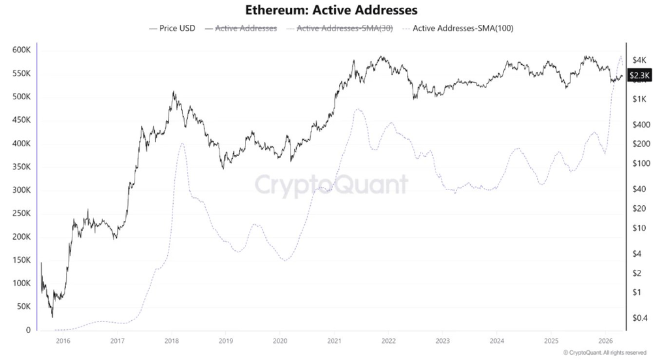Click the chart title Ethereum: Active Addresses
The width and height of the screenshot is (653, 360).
331,10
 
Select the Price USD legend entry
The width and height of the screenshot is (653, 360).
172,28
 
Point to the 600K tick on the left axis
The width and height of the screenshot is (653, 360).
21,50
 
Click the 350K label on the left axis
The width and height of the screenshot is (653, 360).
21,167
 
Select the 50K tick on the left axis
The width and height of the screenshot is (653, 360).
23,306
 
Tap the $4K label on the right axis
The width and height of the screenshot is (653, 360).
639,59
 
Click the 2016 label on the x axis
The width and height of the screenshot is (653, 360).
63,340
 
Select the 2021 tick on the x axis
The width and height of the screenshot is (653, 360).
334,340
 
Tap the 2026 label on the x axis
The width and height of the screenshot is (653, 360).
605,340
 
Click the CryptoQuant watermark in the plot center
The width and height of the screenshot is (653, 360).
330,185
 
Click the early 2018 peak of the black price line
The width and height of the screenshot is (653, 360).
173,92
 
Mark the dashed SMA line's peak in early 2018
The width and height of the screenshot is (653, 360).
182,143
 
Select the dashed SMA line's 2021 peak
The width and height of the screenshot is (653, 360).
357,109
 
